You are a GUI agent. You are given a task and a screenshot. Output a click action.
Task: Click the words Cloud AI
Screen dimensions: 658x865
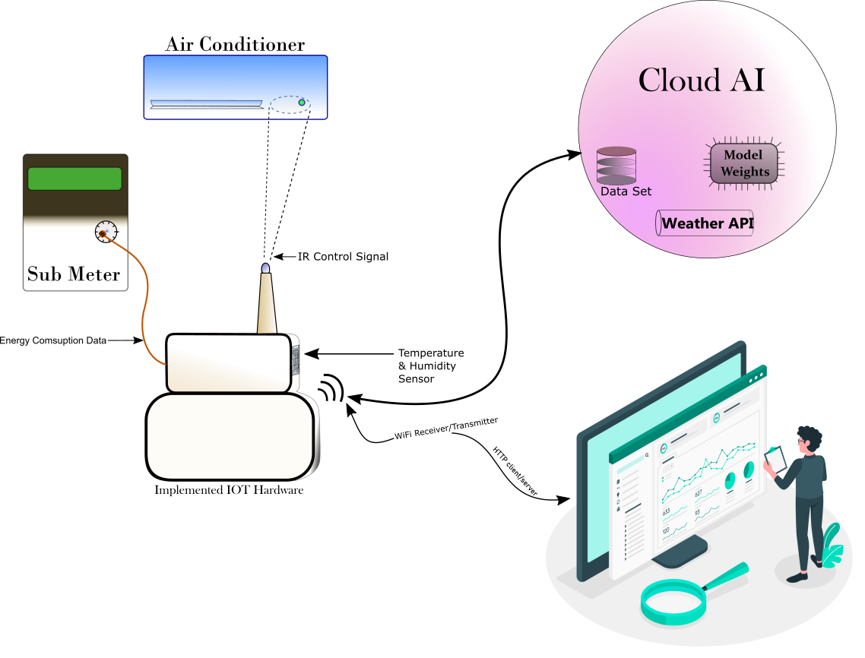pyautogui.click(x=701, y=81)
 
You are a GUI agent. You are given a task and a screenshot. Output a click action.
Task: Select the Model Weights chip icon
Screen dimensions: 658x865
pyautogui.click(x=745, y=163)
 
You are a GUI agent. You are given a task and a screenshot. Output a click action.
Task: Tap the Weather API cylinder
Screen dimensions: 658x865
pyautogui.click(x=705, y=223)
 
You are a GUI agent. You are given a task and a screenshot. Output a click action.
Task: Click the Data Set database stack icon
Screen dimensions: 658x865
pyautogui.click(x=616, y=165)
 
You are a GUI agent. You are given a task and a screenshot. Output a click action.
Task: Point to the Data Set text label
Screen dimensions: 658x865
pyautogui.click(x=626, y=191)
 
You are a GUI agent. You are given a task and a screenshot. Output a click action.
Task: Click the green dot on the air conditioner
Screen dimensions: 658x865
pyautogui.click(x=302, y=103)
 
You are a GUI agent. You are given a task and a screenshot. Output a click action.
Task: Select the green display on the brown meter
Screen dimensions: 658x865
pyautogui.click(x=74, y=179)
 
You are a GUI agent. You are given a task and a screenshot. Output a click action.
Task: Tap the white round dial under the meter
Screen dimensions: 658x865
pyautogui.click(x=106, y=231)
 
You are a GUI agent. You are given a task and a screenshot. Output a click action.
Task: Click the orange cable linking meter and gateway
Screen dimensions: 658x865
pyautogui.click(x=144, y=304)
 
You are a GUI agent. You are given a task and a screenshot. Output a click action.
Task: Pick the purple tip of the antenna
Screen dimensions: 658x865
pyautogui.click(x=265, y=268)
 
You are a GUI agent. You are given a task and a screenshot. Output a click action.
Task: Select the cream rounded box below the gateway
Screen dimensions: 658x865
pyautogui.click(x=230, y=437)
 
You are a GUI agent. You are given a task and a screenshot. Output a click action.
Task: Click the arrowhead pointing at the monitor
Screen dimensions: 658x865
pyautogui.click(x=563, y=500)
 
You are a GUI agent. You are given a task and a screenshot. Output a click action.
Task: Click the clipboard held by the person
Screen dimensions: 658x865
pyautogui.click(x=776, y=459)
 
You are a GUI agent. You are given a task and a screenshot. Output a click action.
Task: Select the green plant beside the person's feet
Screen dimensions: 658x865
pyautogui.click(x=832, y=547)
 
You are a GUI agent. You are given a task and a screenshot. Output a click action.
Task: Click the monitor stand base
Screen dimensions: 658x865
pyautogui.click(x=679, y=558)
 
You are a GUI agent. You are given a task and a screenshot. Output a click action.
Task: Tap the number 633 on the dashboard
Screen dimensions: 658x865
pyautogui.click(x=667, y=512)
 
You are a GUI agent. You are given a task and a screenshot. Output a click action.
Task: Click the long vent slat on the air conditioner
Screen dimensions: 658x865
pyautogui.click(x=206, y=104)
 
